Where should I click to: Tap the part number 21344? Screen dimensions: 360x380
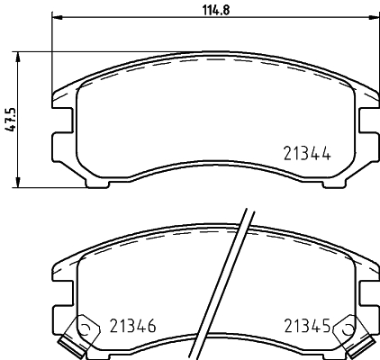[304, 153]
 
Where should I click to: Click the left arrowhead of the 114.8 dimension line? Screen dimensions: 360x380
[57, 18]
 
